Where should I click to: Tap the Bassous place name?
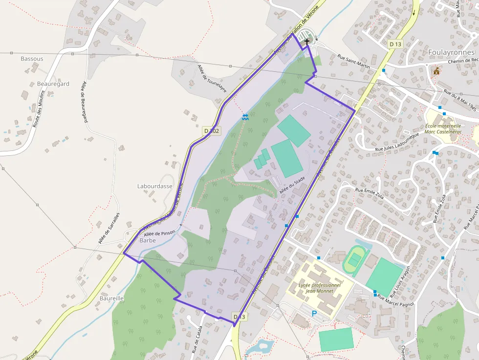point(32,59)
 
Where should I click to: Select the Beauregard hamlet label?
point(53,84)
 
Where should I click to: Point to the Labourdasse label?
point(155,186)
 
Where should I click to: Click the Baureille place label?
point(111,298)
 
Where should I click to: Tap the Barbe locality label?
point(148,240)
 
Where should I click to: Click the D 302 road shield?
point(212,131)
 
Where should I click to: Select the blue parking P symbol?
point(314,314)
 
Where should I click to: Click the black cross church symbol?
point(307,42)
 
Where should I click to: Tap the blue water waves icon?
point(245,117)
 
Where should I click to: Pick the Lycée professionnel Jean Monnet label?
point(319,288)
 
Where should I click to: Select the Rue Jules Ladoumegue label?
point(397,142)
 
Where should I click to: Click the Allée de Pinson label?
point(159,233)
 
